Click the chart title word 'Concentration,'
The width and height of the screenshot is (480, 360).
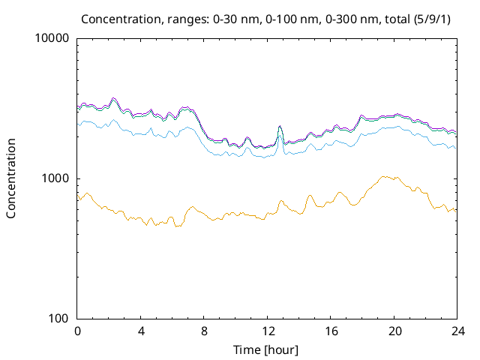pyautogui.click(x=120, y=18)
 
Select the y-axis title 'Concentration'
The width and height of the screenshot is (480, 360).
pyautogui.click(x=11, y=178)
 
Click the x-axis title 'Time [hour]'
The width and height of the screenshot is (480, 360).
pyautogui.click(x=267, y=349)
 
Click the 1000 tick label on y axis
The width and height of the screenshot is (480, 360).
pyautogui.click(x=56, y=178)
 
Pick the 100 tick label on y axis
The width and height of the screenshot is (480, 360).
pyautogui.click(x=59, y=319)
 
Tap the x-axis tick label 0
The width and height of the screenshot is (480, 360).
pyautogui.click(x=77, y=331)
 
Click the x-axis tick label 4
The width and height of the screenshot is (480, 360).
pyautogui.click(x=141, y=331)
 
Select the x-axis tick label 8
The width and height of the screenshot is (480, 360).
pyautogui.click(x=204, y=331)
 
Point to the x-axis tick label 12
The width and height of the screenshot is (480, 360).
pyautogui.click(x=268, y=331)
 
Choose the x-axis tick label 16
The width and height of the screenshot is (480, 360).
pyautogui.click(x=331, y=331)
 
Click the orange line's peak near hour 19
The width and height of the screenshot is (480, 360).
pyautogui.click(x=383, y=176)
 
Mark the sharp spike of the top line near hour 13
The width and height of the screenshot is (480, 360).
pyautogui.click(x=280, y=127)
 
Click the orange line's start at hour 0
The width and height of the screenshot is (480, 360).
pyautogui.click(x=78, y=199)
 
